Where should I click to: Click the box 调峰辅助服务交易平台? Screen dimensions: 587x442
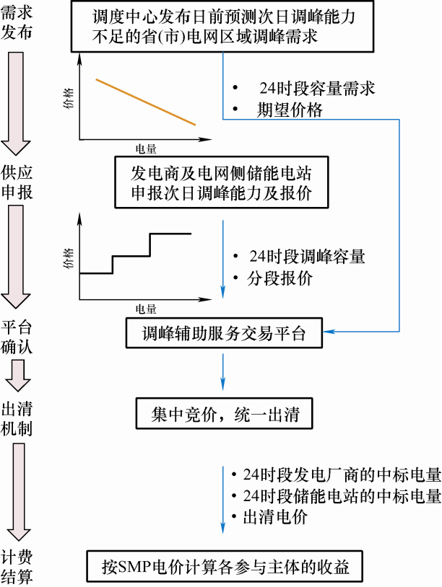(x=223, y=332)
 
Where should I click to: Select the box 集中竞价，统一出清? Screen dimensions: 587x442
(x=223, y=413)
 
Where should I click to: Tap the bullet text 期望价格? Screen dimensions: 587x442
(x=290, y=110)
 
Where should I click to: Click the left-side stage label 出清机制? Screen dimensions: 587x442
(x=16, y=418)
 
